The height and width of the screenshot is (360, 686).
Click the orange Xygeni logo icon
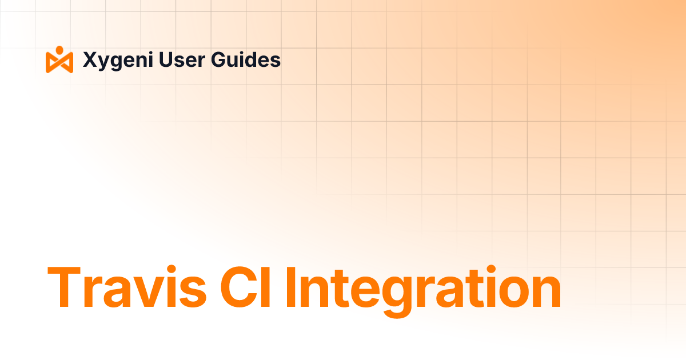[x=59, y=59]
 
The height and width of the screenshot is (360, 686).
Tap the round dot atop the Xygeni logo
[x=59, y=49]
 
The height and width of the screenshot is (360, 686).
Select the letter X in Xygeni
[x=90, y=59]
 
